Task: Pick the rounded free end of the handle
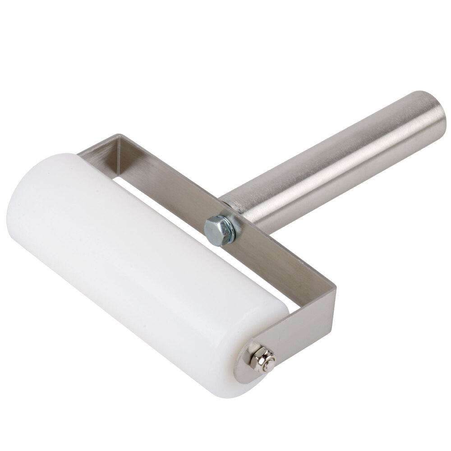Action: coord(428,115)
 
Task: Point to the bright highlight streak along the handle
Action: coord(334,144)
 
